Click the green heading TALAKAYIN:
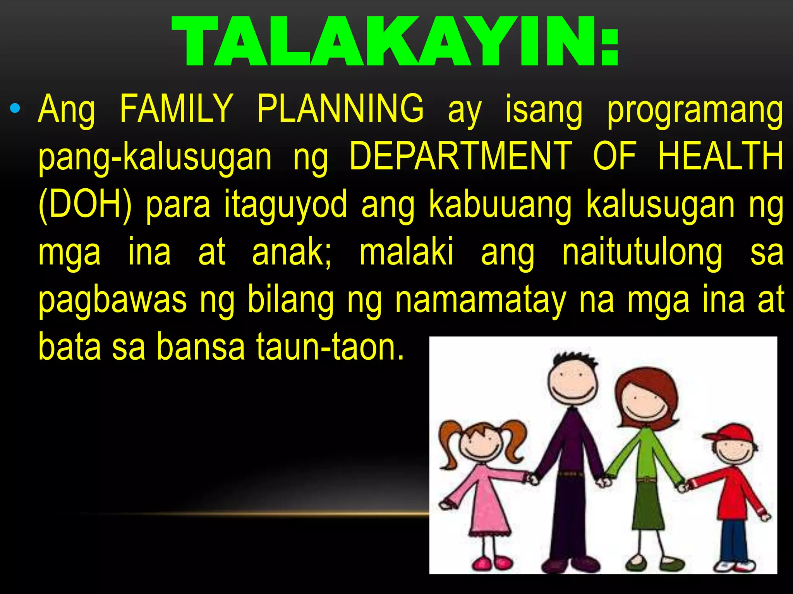395,42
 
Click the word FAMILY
176,109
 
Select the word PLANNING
340,109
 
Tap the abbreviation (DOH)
86,205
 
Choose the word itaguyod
286,205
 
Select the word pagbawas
113,301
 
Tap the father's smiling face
572,383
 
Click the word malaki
406,253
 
